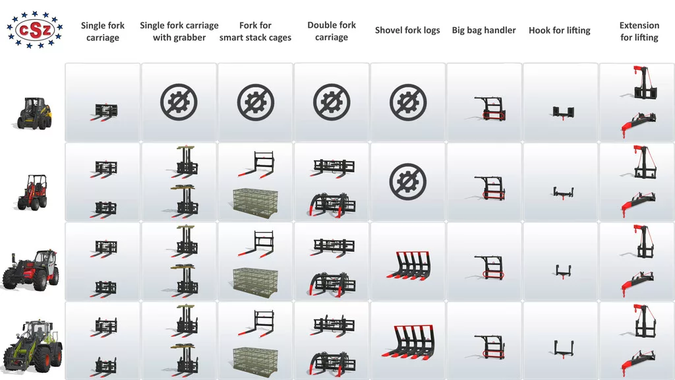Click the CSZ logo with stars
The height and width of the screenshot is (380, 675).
tap(34, 30)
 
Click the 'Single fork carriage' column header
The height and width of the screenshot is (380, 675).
tap(102, 32)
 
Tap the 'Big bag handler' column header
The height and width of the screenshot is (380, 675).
tap(483, 30)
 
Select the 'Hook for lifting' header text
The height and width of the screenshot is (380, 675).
tap(559, 30)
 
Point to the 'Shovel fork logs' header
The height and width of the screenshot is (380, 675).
tap(407, 30)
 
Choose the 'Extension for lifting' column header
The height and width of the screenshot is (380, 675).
tap(639, 32)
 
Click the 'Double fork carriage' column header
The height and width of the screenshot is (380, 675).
tap(332, 31)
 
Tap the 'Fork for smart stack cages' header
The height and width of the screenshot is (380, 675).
tap(255, 32)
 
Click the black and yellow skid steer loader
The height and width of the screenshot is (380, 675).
tap(34, 113)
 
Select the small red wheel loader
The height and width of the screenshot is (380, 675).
tap(33, 192)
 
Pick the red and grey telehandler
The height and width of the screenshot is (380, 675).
tap(30, 270)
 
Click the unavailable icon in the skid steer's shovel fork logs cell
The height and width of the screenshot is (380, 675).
tap(407, 102)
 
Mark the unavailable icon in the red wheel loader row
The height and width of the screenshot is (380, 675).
tap(407, 181)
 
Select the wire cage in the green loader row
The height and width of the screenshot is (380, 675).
tap(255, 360)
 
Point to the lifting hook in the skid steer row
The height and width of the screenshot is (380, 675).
tap(563, 113)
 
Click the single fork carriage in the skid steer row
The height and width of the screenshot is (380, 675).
tap(103, 112)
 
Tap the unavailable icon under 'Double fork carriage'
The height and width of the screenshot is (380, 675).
tap(332, 102)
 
